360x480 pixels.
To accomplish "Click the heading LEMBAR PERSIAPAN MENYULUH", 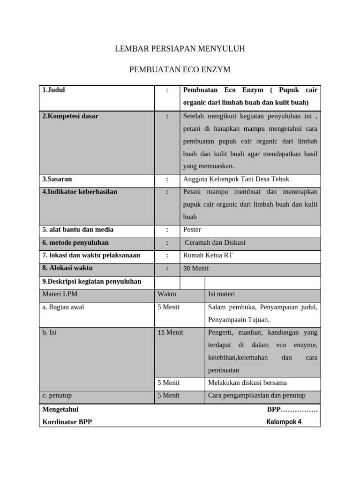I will point(180,49).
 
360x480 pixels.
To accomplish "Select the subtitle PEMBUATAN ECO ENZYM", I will point(180,70).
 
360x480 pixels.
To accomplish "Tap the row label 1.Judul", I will point(54,90).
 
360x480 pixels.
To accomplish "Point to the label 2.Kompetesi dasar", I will point(70,116).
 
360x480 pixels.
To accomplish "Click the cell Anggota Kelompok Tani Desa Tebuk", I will point(236,179).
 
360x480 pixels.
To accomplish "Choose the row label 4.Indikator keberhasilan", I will point(80,192).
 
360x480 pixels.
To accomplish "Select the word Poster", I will point(192,230).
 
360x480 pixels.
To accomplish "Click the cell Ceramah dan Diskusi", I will point(215,242).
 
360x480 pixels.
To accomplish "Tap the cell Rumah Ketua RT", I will point(208,255).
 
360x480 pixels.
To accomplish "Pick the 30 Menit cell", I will point(196,269).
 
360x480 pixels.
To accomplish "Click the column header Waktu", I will point(167,294).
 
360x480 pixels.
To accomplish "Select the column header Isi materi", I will point(222,294).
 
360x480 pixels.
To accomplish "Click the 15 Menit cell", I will point(170,332).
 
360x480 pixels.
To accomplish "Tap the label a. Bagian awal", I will point(63,307).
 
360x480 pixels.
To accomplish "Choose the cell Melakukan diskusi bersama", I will point(247,382).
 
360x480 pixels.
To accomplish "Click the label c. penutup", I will point(57,395).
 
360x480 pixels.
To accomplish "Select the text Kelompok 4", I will point(284,421).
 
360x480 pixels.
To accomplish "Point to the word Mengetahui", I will point(60,409).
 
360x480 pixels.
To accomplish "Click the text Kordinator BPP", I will point(67,421).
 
